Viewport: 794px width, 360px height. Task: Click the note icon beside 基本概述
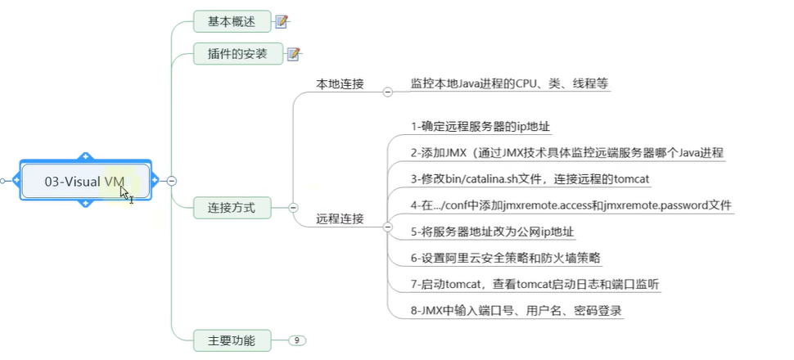tap(282, 21)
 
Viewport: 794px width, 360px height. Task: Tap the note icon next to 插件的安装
tap(293, 54)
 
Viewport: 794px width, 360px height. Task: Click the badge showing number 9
tap(297, 340)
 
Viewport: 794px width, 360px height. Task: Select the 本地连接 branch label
tap(340, 83)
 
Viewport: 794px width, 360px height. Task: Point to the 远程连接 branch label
tap(340, 219)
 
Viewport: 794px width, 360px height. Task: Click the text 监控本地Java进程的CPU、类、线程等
tap(509, 83)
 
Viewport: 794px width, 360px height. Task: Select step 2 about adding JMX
tap(566, 152)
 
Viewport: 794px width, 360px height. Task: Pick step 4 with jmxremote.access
tap(571, 205)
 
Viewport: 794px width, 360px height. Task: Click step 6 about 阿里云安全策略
tap(506, 258)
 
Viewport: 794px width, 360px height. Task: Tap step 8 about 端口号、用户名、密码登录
tap(517, 310)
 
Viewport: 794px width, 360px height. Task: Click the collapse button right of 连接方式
tap(293, 208)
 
